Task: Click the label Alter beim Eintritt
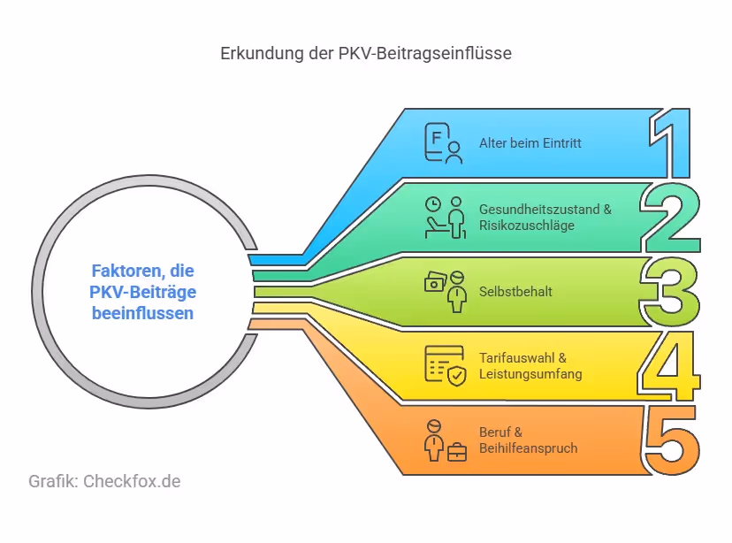[x=530, y=143]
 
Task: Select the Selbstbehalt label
[x=515, y=291]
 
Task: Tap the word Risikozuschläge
[x=527, y=226]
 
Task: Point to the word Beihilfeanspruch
[x=528, y=448]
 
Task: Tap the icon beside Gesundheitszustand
[x=444, y=217]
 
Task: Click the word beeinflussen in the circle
[x=142, y=313]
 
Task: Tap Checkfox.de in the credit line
[x=132, y=482]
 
